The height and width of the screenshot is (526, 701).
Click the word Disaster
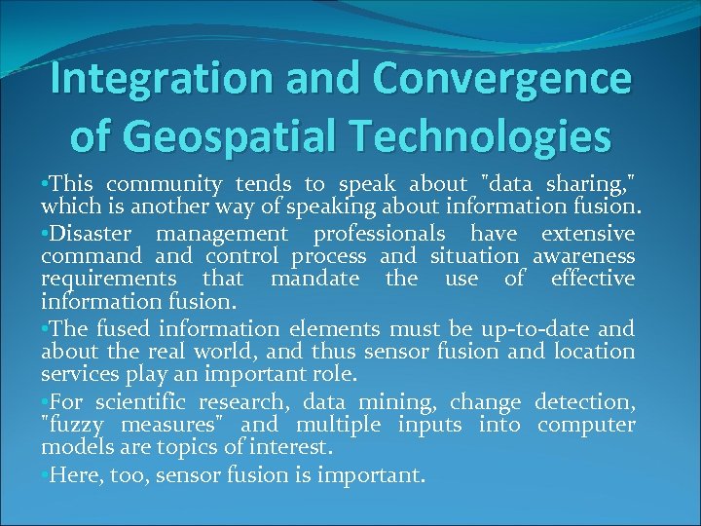tap(95, 234)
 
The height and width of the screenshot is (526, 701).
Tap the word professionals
tap(383, 234)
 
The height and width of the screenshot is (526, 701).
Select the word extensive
tap(587, 234)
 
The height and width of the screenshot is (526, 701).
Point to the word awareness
tap(583, 256)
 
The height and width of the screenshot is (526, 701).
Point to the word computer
tap(586, 426)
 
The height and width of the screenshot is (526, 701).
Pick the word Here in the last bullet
tap(71, 475)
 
